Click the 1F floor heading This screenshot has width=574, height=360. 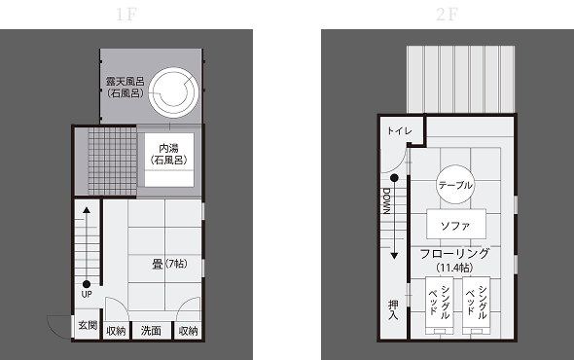point(126,15)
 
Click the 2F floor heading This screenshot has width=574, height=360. point(447,15)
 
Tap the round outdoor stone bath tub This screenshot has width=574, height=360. point(173,91)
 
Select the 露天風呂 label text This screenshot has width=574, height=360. point(126,81)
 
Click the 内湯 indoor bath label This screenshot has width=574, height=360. point(168,148)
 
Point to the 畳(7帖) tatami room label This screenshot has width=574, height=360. point(169,264)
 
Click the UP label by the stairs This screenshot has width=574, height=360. point(87,294)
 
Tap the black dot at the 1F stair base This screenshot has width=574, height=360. point(87,284)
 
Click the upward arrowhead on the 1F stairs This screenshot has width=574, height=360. point(87,210)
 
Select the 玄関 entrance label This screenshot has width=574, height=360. point(88,325)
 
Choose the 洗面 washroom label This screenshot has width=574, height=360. point(151,331)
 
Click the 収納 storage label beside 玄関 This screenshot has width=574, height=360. point(116,331)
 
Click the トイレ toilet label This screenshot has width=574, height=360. point(400,130)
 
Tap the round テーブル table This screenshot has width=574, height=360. point(455,185)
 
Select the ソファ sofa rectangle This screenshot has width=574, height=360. point(456,224)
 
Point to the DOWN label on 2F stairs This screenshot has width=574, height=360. point(386,200)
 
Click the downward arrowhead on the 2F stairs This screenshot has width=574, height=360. point(394,256)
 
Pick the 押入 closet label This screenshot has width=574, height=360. point(393,309)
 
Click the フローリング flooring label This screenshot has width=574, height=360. point(454,253)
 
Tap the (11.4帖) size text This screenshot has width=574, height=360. point(454,268)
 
